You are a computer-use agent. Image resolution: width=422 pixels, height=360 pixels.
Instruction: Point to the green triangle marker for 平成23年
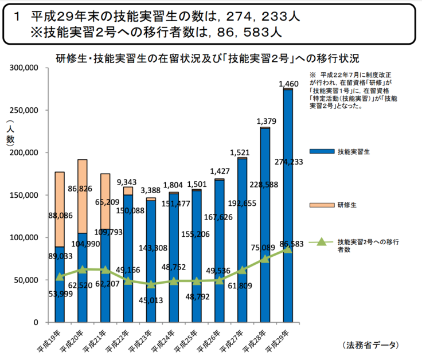point(151,284)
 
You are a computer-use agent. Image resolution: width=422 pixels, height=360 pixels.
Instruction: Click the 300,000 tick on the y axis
point(24,68)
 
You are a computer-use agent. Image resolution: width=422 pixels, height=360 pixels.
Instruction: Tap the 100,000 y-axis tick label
point(24,237)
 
